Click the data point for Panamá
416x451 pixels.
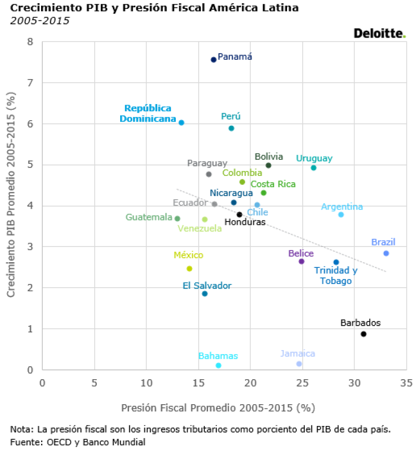coord(213,60)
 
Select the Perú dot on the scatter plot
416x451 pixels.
coord(231,128)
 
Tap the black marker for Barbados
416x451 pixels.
coord(363,334)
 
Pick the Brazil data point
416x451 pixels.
coord(386,253)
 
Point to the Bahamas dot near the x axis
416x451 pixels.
coord(218,365)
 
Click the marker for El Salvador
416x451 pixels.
coord(205,294)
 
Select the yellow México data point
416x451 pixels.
coord(189,268)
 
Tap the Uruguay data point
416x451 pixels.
coord(314,167)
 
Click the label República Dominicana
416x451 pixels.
coord(148,113)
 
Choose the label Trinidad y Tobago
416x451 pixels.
coord(336,276)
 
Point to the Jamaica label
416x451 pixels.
coord(297,354)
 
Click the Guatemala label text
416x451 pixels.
coord(149,217)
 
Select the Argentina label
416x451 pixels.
coord(342,207)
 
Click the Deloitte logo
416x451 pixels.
coord(379,33)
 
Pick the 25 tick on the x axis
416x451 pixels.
coord(302,383)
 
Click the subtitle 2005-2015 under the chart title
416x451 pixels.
coord(39,21)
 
